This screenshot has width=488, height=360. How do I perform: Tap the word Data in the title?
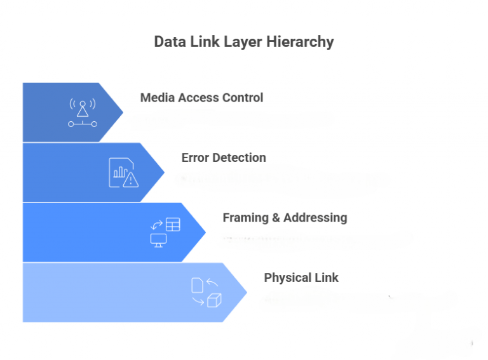(169, 43)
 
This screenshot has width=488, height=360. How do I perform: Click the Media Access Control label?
(201, 98)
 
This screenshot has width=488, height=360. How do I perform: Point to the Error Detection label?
(224, 157)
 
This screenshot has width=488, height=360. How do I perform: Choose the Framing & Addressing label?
(285, 218)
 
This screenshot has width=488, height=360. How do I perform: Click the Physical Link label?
(301, 277)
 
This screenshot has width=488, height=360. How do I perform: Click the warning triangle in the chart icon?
(131, 180)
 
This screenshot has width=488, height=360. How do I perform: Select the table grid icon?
(173, 224)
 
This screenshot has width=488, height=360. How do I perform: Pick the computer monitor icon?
(158, 239)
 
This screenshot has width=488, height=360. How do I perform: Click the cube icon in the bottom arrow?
(214, 300)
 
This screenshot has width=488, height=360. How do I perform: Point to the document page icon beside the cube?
(197, 284)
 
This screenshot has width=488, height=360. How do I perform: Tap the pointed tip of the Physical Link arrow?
(246, 292)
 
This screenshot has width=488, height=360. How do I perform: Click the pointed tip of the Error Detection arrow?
(164, 172)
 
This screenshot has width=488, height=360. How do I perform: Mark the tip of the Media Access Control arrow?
(123, 112)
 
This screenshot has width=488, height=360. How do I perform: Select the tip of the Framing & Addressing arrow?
(205, 232)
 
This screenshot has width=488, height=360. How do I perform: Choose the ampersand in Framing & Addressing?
(276, 218)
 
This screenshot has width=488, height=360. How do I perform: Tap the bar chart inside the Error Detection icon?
(119, 171)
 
